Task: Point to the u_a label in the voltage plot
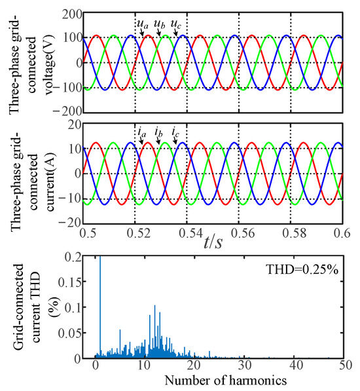(142, 24)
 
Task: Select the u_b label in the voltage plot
(158, 24)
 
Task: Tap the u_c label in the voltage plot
(175, 24)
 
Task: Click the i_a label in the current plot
(141, 134)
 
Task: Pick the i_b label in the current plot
(158, 134)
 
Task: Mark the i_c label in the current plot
(175, 134)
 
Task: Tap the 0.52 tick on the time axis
(135, 233)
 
